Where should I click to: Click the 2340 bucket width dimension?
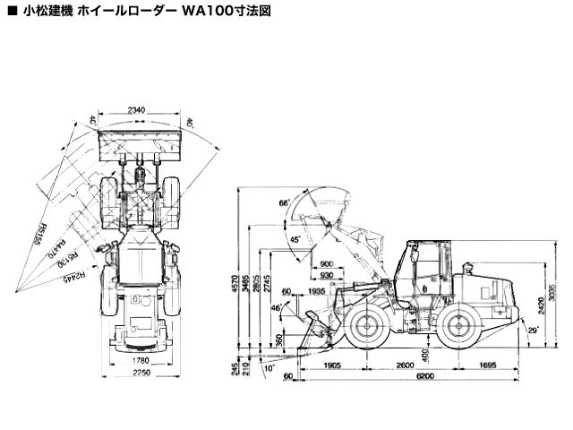tap(137, 110)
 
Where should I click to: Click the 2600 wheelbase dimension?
tap(404, 365)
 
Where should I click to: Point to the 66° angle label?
tap(284, 204)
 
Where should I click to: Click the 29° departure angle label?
tap(534, 332)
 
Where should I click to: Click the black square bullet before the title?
tap(10, 13)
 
